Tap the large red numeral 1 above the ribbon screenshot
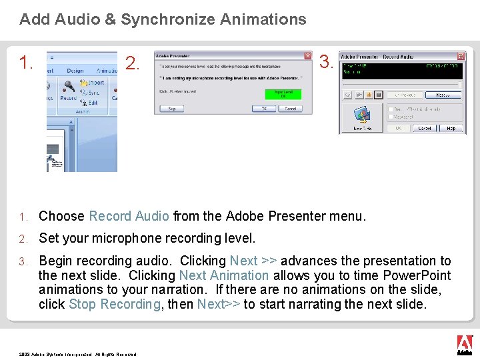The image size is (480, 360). [26, 63]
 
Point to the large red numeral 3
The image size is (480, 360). [326, 62]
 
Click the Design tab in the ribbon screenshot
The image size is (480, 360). [75, 71]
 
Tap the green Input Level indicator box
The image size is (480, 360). [283, 94]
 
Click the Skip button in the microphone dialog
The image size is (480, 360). [172, 108]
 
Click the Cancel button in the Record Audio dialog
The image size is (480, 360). [424, 128]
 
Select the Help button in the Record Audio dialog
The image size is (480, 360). [451, 128]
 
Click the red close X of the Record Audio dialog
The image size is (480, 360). [461, 57]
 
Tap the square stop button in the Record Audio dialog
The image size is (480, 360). [378, 95]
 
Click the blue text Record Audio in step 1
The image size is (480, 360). [129, 216]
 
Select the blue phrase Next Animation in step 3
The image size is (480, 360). [224, 275]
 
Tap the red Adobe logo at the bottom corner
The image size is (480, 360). [464, 344]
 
